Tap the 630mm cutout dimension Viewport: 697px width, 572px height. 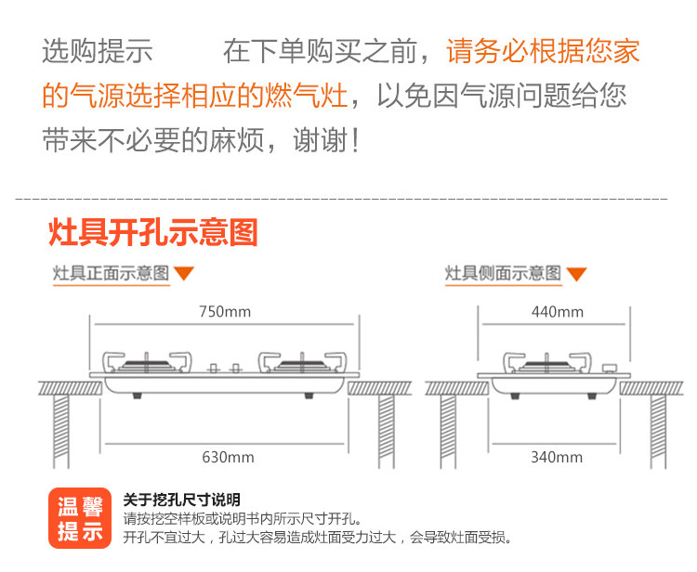tap(228, 457)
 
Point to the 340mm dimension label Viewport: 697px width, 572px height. tap(557, 457)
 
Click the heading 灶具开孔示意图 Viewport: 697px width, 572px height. tap(152, 233)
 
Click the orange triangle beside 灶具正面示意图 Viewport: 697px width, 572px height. tap(184, 273)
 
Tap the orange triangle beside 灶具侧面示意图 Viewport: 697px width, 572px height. tap(576, 273)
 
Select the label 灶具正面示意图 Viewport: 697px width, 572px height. tap(111, 273)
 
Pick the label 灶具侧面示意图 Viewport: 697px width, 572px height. tap(503, 273)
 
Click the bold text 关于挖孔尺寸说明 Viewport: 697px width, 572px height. tap(181, 500)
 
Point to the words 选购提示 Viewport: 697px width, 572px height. tap(97, 50)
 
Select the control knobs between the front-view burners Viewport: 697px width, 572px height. tap(225, 368)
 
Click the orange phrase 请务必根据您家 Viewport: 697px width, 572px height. tap(543, 50)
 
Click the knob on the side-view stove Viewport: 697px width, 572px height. tap(609, 370)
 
